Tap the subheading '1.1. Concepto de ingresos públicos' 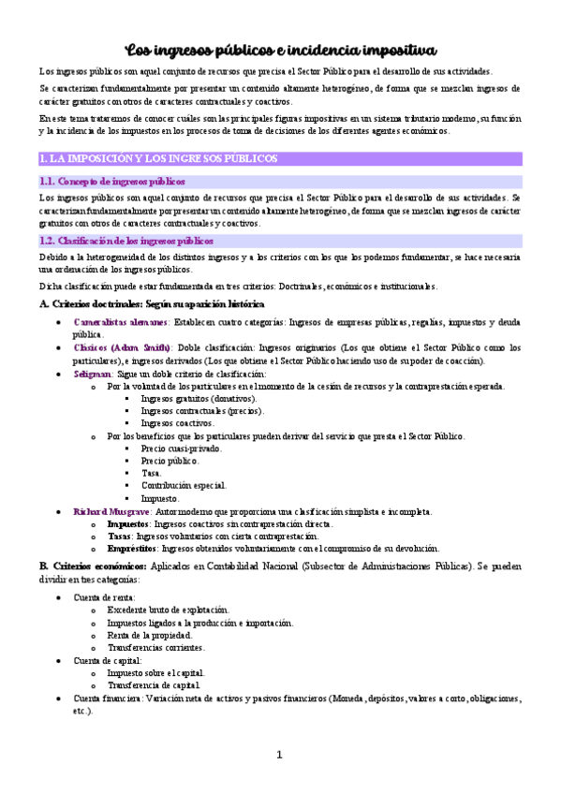click(x=112, y=182)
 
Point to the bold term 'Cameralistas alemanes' click(x=121, y=321)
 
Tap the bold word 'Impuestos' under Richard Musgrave click(x=128, y=524)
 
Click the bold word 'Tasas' click(x=119, y=537)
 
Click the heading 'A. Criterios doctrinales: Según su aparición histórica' click(x=152, y=304)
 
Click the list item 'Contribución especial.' click(x=184, y=486)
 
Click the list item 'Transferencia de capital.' click(x=154, y=685)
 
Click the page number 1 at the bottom click(x=279, y=756)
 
